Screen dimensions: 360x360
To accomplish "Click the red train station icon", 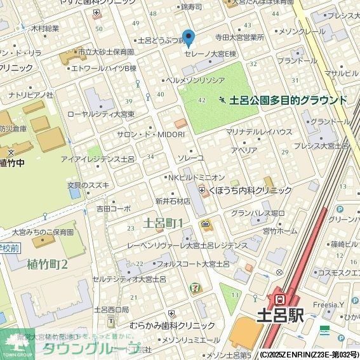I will pyautogui.click(x=278, y=298).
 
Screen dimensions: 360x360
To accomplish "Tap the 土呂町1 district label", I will pyautogui.click(x=164, y=223).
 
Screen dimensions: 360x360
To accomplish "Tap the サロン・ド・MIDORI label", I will pyautogui.click(x=151, y=135).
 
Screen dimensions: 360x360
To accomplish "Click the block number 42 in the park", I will pyautogui.click(x=202, y=100).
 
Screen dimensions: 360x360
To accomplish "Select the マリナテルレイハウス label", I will pyautogui.click(x=259, y=132).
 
